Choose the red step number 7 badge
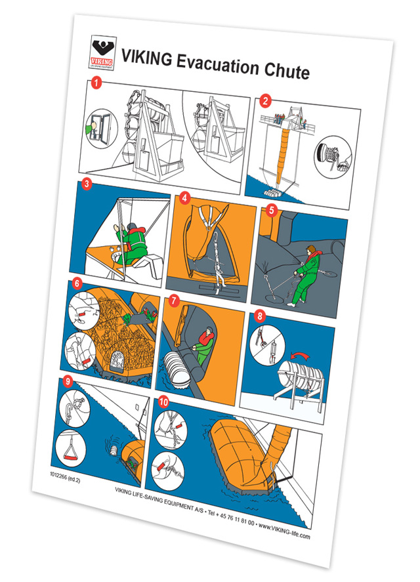pos(173,301)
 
